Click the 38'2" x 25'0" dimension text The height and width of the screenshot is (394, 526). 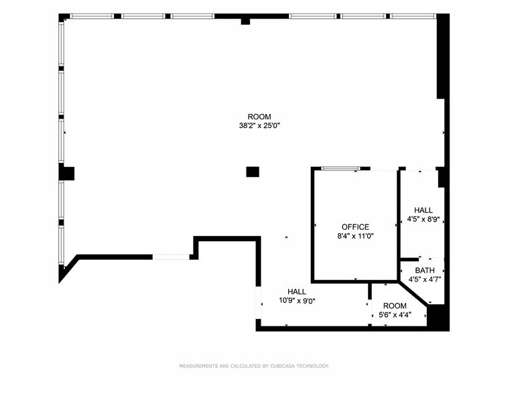259,125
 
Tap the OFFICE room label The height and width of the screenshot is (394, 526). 355,227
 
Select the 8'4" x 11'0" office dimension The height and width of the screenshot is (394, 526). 355,236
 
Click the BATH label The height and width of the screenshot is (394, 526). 424,271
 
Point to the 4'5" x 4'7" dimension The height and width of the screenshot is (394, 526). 424,279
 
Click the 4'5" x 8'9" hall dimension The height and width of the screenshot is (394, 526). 423,218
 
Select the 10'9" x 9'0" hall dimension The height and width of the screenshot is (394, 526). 297,301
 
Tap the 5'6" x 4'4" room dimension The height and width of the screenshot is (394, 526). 395,314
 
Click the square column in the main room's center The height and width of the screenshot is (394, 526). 253,172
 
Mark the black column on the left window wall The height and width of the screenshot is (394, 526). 66,173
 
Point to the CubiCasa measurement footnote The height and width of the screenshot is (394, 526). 254,366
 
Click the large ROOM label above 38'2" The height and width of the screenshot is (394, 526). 259,117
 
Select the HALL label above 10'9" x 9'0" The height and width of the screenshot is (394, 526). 297,291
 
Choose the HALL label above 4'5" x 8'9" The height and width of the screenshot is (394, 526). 423,210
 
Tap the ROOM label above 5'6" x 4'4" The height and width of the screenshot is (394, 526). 395,306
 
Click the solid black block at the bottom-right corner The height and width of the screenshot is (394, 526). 438,317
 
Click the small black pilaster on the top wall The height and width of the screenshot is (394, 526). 245,21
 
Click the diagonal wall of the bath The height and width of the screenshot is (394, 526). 413,294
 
